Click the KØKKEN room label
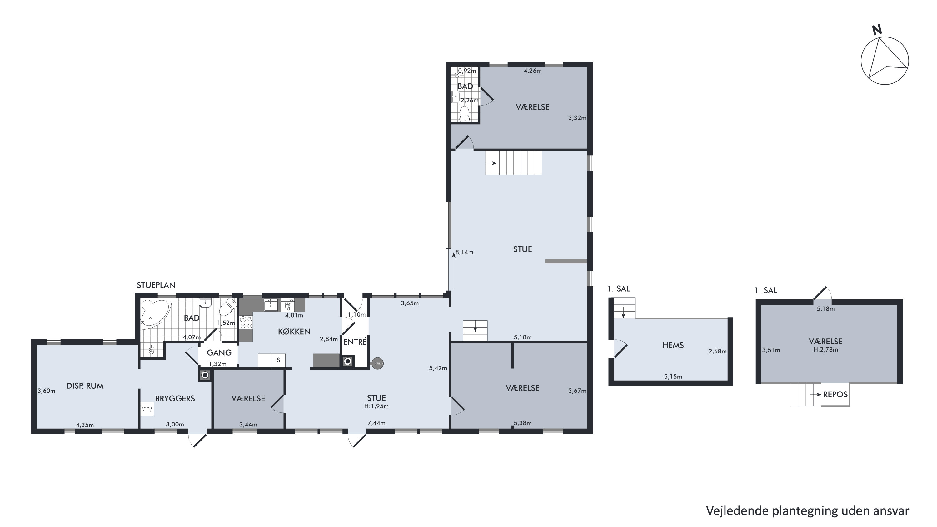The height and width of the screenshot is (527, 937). [x=294, y=332]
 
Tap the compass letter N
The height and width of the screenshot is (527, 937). [x=877, y=30]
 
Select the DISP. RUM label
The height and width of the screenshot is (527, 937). [x=85, y=386]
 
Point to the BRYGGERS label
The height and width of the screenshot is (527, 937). [x=175, y=398]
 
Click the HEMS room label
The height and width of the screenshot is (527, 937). [x=673, y=345]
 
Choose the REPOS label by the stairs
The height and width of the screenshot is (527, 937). [x=835, y=394]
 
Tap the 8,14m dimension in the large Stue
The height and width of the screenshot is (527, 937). [x=465, y=252]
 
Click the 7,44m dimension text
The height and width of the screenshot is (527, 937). [x=376, y=423]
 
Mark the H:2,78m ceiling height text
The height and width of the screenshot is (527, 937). [x=826, y=350]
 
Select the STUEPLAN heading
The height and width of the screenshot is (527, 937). [x=156, y=285]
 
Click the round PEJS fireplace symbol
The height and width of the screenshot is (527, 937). [x=377, y=363]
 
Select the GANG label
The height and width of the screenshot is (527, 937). [x=219, y=352]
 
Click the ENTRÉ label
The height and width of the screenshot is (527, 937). [x=355, y=342]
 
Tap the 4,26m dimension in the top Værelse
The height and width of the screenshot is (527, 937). [x=532, y=71]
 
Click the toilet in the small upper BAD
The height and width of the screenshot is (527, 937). [x=465, y=114]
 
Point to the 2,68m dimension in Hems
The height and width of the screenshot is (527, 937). [x=718, y=352]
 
